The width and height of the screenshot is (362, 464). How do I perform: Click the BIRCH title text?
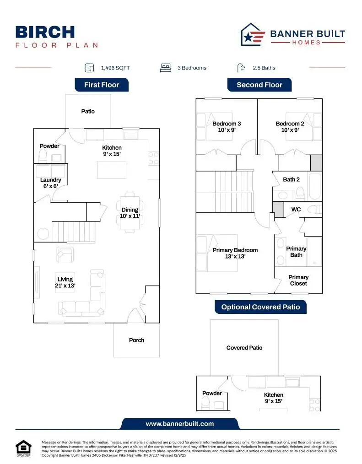tap(45, 32)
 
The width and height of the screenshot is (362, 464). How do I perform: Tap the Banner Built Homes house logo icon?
tap(253, 35)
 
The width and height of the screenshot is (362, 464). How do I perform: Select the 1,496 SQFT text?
tap(115, 68)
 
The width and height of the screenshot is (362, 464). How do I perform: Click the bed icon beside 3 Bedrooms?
tap(165, 68)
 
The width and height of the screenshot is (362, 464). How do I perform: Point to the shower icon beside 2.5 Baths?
tap(241, 68)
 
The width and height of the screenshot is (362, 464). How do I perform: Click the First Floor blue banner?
tap(102, 85)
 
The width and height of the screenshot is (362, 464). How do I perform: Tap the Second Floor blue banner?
tap(259, 85)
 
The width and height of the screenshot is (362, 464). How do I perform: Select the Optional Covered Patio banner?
tap(260, 307)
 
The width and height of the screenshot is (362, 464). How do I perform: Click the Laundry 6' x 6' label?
tap(50, 183)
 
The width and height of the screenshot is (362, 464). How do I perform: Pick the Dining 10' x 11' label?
tap(130, 213)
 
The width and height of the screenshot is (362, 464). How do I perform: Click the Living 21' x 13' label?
tap(65, 282)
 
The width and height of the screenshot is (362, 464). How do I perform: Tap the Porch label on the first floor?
tap(136, 340)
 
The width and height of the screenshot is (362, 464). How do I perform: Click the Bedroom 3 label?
tap(227, 127)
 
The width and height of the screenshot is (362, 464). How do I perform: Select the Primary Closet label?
tap(298, 280)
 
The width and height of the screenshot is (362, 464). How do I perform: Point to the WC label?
tap(296, 210)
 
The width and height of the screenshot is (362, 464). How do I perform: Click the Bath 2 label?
tap(291, 179)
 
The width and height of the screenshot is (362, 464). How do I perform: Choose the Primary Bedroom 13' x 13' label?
tap(235, 254)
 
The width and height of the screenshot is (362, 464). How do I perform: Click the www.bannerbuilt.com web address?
tap(180, 424)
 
